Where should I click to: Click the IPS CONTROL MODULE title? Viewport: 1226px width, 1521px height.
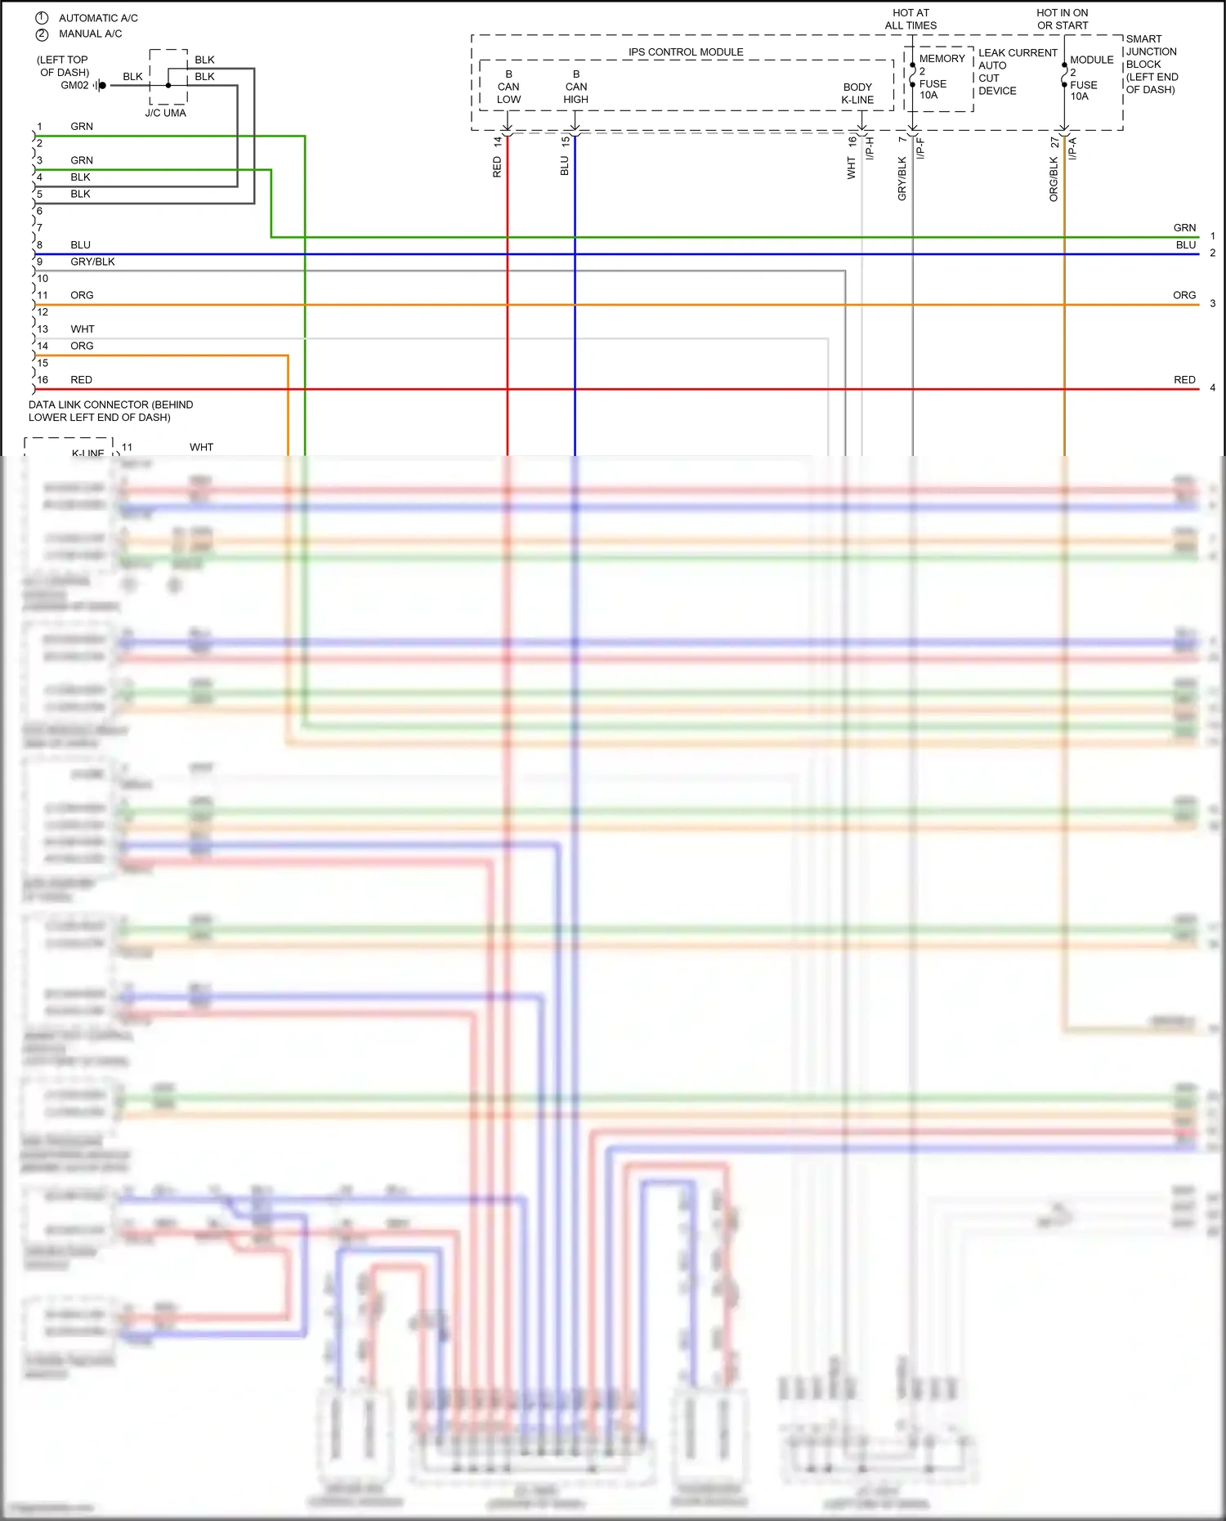pos(685,52)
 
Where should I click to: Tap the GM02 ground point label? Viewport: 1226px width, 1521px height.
pos(74,85)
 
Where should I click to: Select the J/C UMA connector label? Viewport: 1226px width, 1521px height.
pos(165,113)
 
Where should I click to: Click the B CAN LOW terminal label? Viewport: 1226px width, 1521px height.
pos(508,87)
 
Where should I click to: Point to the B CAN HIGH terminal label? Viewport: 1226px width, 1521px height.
pos(575,87)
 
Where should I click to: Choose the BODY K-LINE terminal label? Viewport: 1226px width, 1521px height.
pos(857,93)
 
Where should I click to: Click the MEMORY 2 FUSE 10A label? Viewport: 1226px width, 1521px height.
pos(940,77)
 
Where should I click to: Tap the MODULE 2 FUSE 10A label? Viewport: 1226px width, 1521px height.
pos(1090,78)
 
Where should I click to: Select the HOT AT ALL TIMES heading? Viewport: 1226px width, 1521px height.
pos(911,19)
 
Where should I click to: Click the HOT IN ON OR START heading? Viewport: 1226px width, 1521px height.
pos(1062,19)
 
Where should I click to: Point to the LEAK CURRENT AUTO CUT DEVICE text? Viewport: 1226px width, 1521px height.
pos(1017,72)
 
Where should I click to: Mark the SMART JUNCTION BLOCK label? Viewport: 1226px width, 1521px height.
pos(1151,64)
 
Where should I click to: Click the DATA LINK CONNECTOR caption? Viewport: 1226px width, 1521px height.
pos(110,411)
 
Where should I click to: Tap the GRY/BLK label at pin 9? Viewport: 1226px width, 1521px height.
pos(92,262)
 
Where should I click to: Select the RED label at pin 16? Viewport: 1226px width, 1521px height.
pos(81,380)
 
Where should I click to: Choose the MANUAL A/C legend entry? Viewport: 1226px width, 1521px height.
pos(90,34)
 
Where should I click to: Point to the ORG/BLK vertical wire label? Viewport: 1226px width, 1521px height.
pos(1054,179)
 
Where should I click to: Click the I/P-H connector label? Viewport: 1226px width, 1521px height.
pos(870,148)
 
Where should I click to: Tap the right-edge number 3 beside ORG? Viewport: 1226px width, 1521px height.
pos(1212,303)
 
